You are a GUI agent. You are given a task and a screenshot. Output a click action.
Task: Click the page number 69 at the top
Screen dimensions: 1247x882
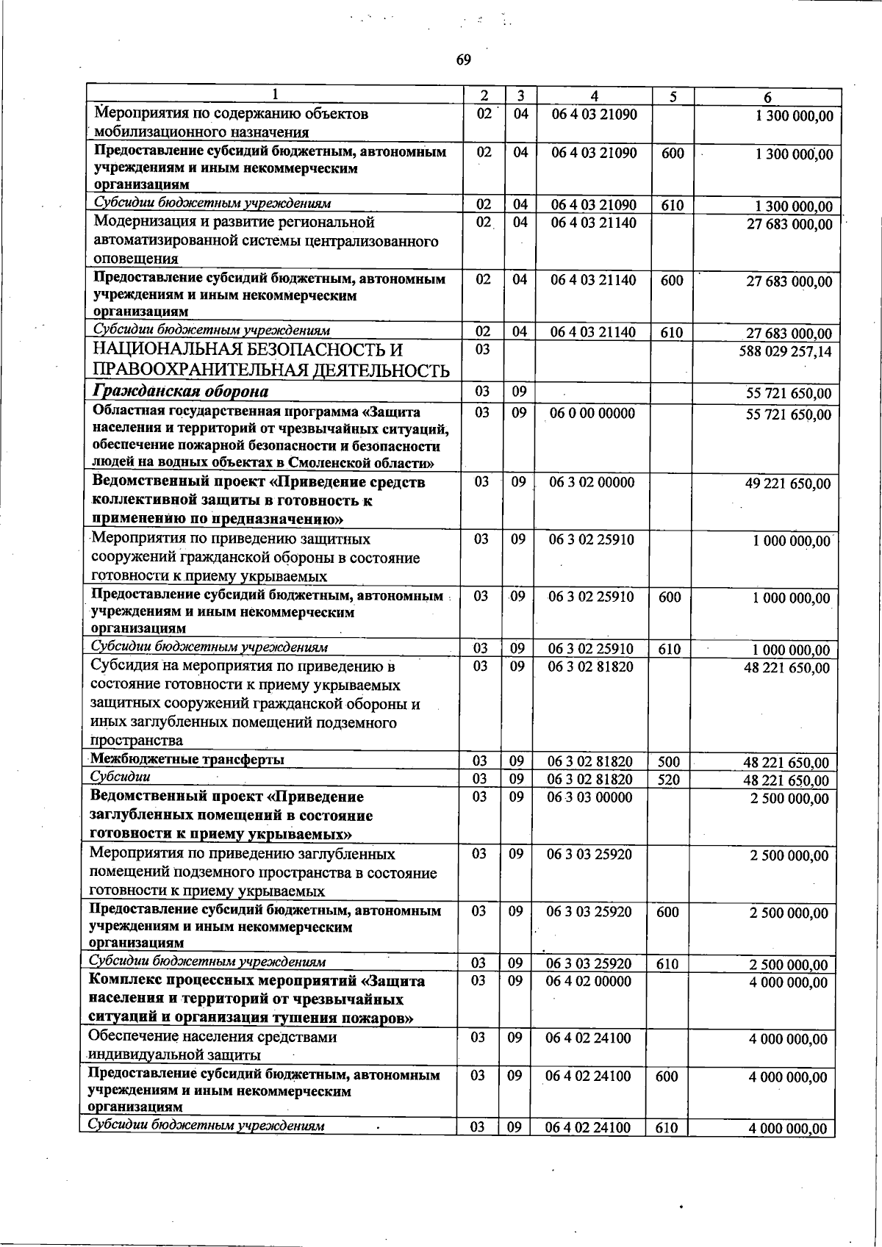[x=463, y=60]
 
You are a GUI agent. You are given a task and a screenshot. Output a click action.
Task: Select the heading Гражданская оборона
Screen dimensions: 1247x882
[x=180, y=391]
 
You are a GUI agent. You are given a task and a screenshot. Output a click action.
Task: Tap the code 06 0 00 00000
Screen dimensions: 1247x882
[x=592, y=413]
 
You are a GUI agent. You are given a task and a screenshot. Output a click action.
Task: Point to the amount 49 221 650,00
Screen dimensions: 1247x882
[x=788, y=484]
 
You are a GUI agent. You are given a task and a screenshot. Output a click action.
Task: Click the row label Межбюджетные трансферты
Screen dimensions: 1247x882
[x=187, y=759]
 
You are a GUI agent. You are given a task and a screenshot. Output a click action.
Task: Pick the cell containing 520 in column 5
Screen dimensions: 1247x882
[x=669, y=780]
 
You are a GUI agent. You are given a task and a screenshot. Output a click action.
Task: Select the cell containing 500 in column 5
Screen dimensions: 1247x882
[x=669, y=762]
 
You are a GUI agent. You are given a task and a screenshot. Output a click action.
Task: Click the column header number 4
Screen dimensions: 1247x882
[x=594, y=96]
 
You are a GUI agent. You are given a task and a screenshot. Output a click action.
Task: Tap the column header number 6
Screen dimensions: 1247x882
[x=767, y=97]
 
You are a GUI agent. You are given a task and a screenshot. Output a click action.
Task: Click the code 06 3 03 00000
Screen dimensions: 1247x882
[x=589, y=797]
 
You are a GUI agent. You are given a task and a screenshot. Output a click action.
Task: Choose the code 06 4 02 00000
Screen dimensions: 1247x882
[x=589, y=981]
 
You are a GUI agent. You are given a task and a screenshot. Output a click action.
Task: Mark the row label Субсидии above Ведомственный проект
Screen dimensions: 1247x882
[x=120, y=777]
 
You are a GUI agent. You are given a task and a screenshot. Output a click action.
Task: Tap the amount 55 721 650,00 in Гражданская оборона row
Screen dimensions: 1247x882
[x=789, y=395]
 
